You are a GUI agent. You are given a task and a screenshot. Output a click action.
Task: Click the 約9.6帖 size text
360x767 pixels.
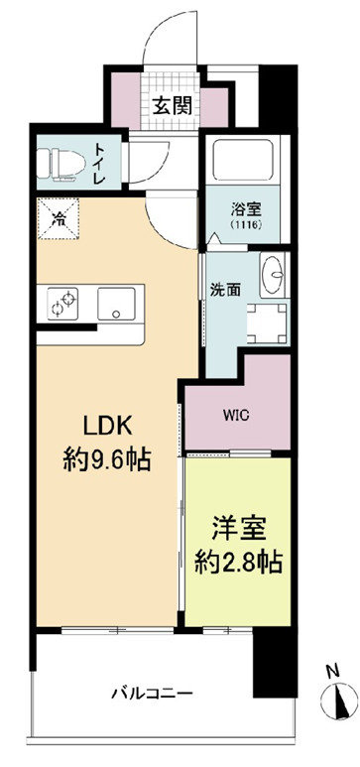coord(106,460)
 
